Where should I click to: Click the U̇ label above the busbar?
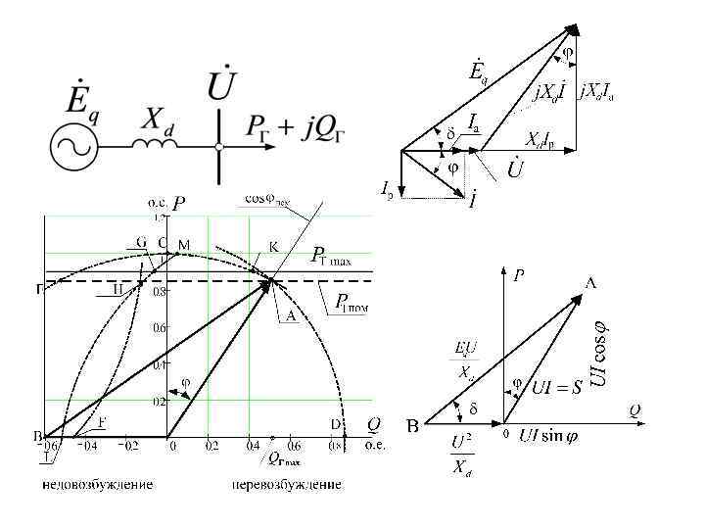221,85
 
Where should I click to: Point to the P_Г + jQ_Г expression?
298,126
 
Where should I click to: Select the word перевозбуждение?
288,485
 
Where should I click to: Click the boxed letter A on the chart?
291,316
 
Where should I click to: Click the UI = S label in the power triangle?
558,389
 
